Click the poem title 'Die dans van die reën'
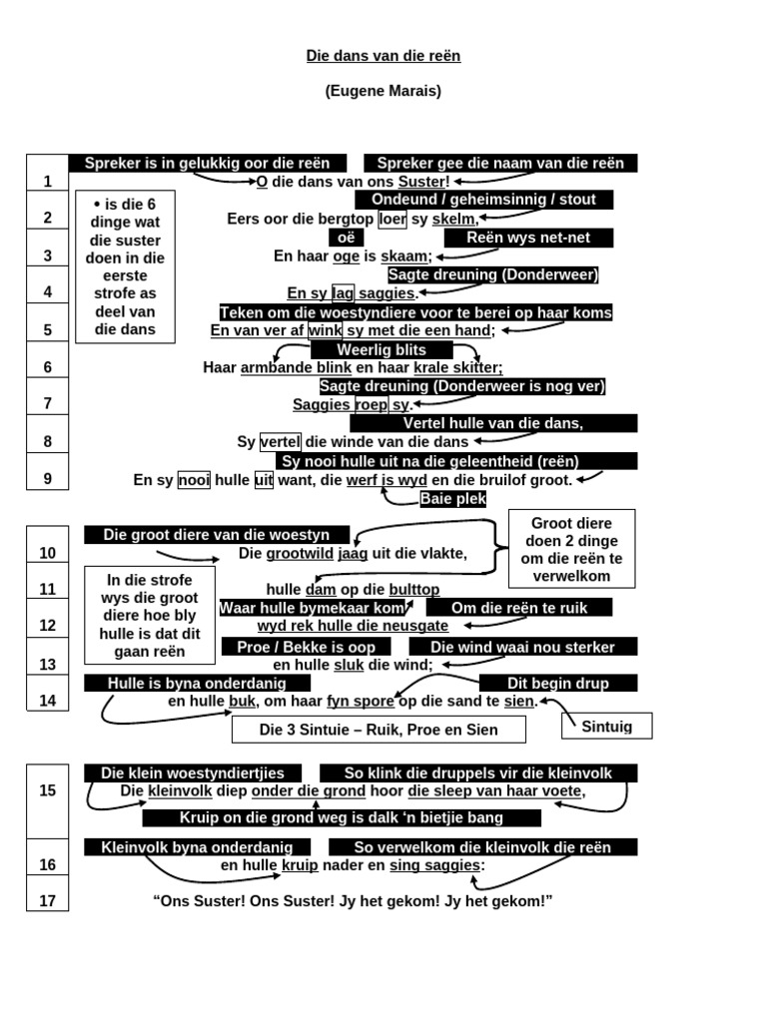coord(383,56)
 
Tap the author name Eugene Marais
coord(383,91)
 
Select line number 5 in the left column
coord(48,329)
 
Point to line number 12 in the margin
coord(48,626)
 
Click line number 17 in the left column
coord(48,901)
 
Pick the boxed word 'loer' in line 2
coord(392,219)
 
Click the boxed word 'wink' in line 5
coord(326,330)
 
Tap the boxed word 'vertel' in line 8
coord(281,442)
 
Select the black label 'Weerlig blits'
coord(382,350)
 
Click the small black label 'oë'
coord(347,238)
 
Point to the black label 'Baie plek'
coord(453,499)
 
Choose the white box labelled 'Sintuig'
coord(606,727)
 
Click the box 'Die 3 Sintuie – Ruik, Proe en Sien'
coord(379,730)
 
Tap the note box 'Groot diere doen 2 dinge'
coord(571,550)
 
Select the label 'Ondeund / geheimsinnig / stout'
coord(484,200)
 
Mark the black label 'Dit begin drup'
coord(558,683)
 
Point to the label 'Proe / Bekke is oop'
coord(306,647)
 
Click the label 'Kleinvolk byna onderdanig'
coord(197,847)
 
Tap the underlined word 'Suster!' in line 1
coord(423,182)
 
